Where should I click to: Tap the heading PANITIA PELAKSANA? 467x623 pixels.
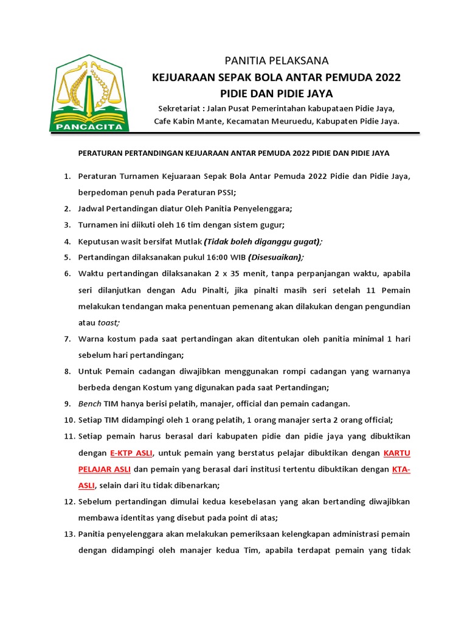(x=277, y=60)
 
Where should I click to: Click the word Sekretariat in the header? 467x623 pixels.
(x=179, y=108)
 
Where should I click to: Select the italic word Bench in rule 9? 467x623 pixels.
(x=89, y=403)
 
